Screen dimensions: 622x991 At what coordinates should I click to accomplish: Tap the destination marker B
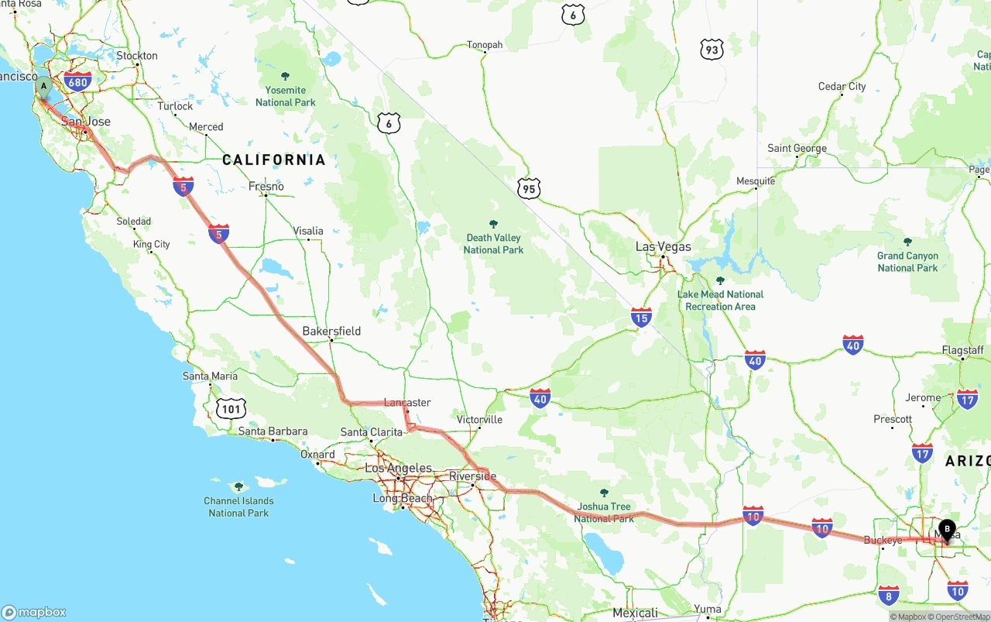click(x=947, y=531)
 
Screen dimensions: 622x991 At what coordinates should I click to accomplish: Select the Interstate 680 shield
click(x=77, y=81)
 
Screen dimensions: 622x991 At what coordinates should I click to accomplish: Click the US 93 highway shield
click(x=712, y=50)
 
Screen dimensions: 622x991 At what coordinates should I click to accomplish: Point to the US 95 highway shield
click(x=529, y=188)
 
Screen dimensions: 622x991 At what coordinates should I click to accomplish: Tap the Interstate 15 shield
click(x=641, y=316)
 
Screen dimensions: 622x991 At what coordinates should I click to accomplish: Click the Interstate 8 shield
click(x=889, y=595)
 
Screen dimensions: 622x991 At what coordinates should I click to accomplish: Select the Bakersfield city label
click(x=331, y=331)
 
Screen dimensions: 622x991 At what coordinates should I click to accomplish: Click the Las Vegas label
click(x=663, y=246)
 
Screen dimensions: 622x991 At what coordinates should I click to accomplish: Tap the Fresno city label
click(x=266, y=186)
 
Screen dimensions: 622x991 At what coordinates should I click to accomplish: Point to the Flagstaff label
click(x=962, y=350)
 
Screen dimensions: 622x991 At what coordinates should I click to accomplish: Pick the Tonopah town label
click(x=485, y=45)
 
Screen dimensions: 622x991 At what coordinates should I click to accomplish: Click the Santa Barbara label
click(x=273, y=431)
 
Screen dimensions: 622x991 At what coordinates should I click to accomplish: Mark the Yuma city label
click(x=708, y=610)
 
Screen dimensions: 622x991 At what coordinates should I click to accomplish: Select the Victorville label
click(x=480, y=420)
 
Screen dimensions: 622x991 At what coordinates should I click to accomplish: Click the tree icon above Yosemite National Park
click(x=285, y=76)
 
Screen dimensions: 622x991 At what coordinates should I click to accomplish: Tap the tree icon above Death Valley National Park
click(x=493, y=224)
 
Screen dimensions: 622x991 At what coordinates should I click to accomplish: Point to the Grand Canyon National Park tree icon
click(x=907, y=242)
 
